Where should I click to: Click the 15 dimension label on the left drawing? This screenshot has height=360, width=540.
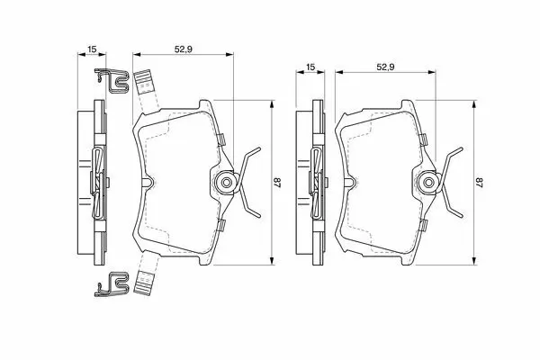pos(92,49)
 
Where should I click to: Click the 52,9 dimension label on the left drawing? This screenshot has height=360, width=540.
pos(184,49)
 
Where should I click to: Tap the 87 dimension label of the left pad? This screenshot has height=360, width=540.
pos(277,182)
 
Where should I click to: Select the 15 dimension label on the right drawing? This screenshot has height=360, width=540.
pos(310,67)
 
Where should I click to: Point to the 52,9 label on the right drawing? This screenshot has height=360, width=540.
pos(385,67)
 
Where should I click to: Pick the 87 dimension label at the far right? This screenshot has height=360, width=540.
pos(480,182)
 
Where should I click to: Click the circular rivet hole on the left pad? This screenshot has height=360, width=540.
pos(226,182)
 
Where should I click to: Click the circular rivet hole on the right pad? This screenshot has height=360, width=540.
pos(428,182)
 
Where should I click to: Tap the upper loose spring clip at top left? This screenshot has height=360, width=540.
pos(112,81)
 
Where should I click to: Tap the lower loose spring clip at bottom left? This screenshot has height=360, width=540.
pos(112,284)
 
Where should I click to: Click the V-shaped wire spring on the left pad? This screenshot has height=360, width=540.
pos(249,182)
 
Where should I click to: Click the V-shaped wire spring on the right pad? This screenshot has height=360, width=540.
pos(452,182)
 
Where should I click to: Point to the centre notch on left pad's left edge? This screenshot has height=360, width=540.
pos(147,182)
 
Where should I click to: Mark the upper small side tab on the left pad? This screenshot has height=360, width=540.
pos(221,139)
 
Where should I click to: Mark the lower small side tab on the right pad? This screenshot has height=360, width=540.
pos(424,225)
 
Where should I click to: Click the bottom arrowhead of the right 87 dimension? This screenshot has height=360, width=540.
pos(474,261)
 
